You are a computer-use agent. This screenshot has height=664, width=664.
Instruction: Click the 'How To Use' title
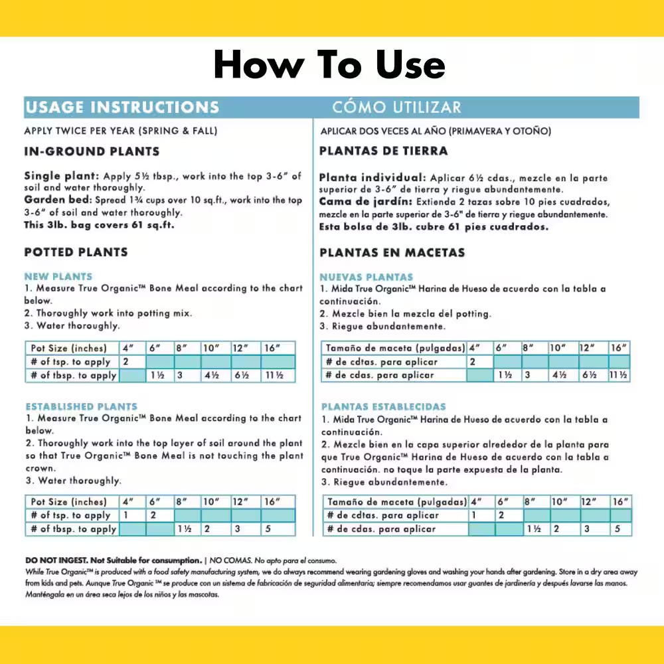point(329,65)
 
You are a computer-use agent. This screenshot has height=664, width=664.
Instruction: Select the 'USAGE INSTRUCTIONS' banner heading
point(122,108)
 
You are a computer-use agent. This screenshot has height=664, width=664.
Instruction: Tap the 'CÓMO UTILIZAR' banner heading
point(396,108)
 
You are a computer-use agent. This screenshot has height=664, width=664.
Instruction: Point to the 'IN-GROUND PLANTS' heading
point(92,151)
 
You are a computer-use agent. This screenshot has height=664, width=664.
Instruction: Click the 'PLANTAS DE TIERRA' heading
point(383,151)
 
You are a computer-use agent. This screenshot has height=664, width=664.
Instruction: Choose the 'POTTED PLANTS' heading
point(76,252)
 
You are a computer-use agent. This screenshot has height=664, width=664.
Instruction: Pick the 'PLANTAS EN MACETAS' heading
point(392,252)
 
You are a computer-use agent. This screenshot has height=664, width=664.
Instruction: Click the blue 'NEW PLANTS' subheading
point(58,276)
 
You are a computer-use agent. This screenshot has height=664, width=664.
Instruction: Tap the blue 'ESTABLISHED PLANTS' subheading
point(81,406)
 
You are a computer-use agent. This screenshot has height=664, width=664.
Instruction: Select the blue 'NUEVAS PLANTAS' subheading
point(366,277)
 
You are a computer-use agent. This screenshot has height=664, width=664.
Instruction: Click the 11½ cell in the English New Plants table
point(274,375)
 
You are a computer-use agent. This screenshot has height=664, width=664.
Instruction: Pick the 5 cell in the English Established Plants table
point(268,529)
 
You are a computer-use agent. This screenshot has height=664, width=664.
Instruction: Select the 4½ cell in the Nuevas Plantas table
point(558,375)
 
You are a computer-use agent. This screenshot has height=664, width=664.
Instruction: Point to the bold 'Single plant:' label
point(62,177)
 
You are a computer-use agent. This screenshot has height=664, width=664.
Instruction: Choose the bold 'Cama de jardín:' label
point(365,202)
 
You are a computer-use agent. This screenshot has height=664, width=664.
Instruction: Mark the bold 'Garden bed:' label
point(58,200)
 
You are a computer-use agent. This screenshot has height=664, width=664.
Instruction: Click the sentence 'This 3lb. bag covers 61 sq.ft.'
point(94,225)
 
